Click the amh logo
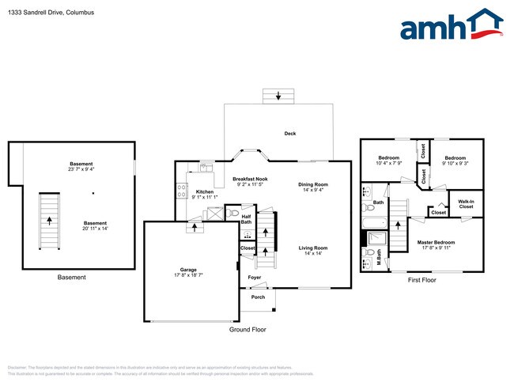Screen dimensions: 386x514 point(451,25)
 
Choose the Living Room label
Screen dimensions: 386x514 point(313,251)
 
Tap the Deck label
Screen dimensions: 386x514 point(290,134)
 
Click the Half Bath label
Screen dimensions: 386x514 point(246,219)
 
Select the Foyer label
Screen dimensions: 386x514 point(255,278)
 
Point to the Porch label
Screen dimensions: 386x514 point(258,297)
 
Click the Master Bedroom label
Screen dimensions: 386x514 point(436,244)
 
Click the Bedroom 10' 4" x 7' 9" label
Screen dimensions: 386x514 point(388,161)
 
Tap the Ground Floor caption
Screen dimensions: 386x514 point(248,328)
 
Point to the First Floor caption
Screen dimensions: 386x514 point(422,280)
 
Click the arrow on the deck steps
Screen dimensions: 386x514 point(278,96)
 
